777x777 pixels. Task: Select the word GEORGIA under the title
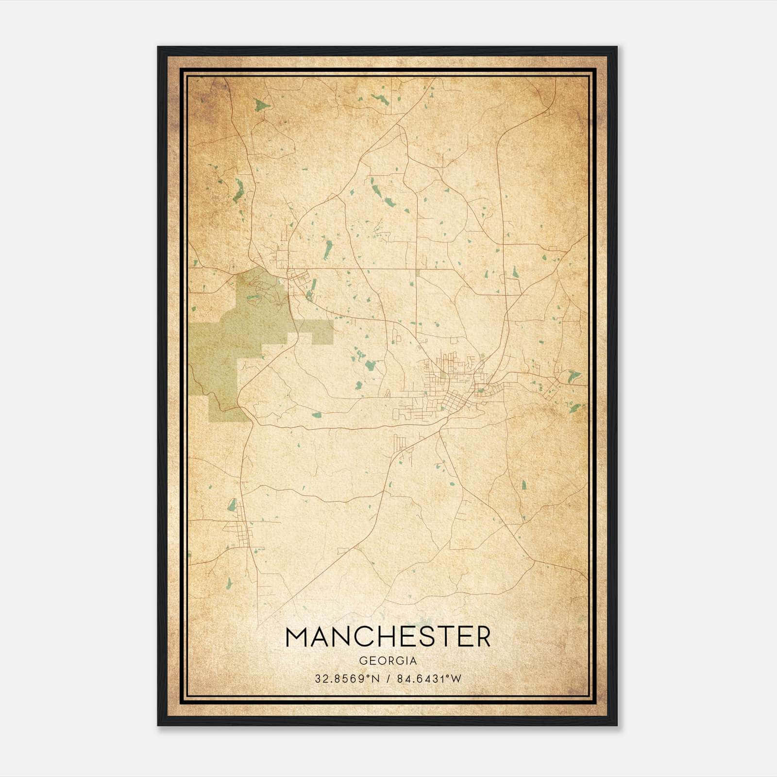coord(388,660)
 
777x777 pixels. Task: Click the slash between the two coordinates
coord(388,678)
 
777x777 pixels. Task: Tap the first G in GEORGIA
coord(363,660)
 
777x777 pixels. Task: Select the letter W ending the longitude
coord(456,678)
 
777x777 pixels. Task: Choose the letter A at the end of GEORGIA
coord(413,660)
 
